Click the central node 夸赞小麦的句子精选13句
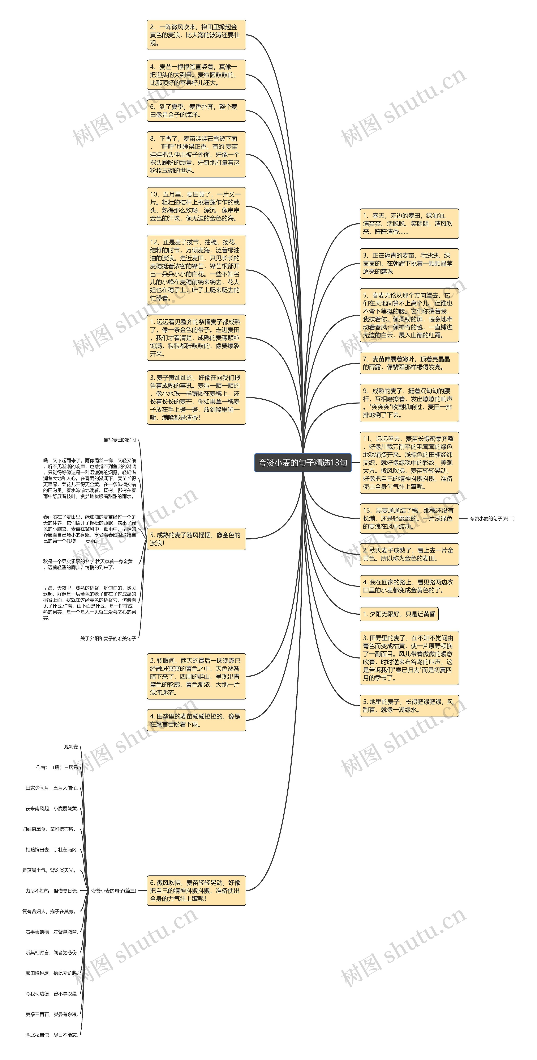(303, 463)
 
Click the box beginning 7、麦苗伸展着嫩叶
(409, 363)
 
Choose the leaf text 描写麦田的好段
(120, 440)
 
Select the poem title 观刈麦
(71, 746)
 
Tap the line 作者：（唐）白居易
(57, 767)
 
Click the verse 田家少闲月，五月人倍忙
(51, 788)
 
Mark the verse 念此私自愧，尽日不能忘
(51, 1035)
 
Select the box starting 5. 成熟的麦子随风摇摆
(196, 539)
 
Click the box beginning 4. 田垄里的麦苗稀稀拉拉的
(196, 720)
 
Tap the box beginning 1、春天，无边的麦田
(409, 223)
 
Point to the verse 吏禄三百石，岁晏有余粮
(51, 1014)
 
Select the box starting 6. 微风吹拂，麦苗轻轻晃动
(196, 891)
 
